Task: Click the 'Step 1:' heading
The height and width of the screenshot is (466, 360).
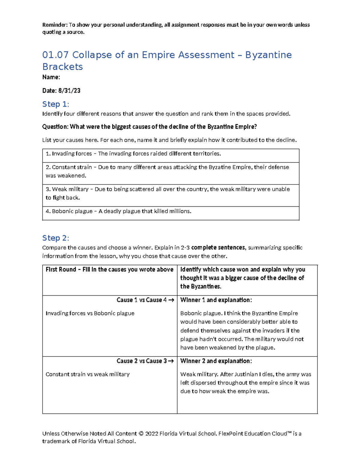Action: (x=55, y=104)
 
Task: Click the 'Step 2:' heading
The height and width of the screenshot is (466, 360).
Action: (x=55, y=238)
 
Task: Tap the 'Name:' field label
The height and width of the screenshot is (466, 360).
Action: (x=51, y=77)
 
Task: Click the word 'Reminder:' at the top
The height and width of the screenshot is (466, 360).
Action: (x=55, y=25)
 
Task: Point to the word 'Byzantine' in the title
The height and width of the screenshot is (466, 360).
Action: (x=268, y=55)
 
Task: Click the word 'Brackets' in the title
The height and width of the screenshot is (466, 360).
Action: (x=62, y=67)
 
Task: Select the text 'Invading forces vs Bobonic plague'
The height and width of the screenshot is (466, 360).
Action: (x=90, y=313)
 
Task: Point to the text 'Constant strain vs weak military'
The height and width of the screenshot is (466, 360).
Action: (x=88, y=374)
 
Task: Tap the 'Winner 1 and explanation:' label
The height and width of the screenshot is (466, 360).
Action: (x=216, y=300)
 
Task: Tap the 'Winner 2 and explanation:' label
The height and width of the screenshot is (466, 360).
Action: (x=216, y=361)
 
